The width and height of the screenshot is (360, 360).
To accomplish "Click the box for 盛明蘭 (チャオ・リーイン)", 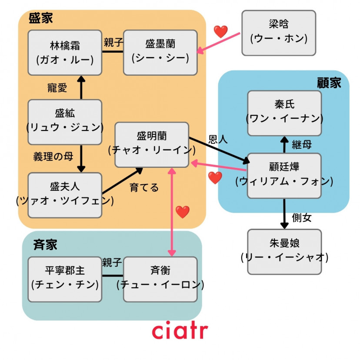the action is (152, 145).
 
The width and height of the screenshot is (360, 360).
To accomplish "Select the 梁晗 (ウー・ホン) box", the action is (279, 33).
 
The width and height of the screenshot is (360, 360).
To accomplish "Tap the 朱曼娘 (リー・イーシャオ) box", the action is (284, 252).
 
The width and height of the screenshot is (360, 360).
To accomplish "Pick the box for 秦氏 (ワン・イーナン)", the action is (284, 113).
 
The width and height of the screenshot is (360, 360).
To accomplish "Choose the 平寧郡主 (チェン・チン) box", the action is (65, 279).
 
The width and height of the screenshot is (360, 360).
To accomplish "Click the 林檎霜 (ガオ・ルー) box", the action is (65, 53).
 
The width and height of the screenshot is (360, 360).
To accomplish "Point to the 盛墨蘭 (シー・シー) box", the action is (160, 53).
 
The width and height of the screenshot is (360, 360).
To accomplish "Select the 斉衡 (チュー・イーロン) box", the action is (160, 279).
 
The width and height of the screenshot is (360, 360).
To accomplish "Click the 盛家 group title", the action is (40, 18).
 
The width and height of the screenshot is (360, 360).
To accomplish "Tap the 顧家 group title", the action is (329, 83).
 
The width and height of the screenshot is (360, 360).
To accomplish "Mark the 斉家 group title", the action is (45, 244).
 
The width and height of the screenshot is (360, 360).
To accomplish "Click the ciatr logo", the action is (180, 330).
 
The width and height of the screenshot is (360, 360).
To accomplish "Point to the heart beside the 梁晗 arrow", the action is (220, 31).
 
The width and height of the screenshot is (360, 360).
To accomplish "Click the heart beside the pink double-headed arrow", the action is (183, 212).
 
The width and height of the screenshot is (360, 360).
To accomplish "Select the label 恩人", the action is (218, 140).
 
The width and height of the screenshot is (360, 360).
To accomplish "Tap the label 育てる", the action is (144, 187).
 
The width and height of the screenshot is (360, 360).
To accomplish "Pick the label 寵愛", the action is (57, 88).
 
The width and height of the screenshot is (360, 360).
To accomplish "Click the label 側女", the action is (302, 217).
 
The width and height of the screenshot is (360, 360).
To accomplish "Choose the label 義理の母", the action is (53, 157).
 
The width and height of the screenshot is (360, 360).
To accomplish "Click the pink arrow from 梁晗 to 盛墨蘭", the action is (218, 43).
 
